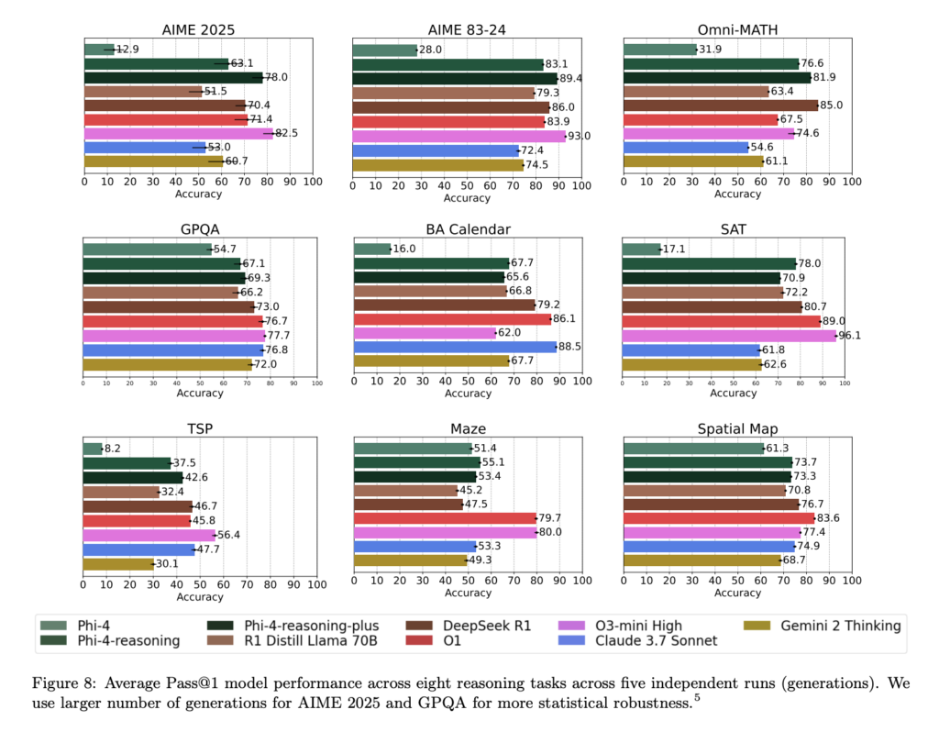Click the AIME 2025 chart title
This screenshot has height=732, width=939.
[198, 28]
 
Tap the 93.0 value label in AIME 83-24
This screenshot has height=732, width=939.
[580, 136]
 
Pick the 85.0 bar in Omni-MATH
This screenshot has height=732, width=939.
[720, 105]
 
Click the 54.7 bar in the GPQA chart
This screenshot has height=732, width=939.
[147, 249]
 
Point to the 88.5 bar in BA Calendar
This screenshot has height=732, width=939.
[455, 347]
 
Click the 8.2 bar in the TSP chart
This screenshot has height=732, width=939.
[93, 449]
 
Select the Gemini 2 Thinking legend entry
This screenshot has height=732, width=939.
[840, 626]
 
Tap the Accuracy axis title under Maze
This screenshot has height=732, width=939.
[468, 593]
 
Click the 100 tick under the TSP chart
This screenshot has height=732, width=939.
[316, 583]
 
